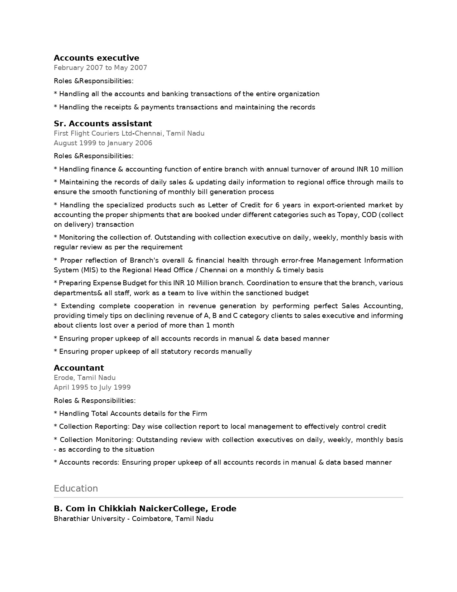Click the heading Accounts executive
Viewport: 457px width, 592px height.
tap(96, 58)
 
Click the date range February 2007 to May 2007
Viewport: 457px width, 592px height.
tap(100, 68)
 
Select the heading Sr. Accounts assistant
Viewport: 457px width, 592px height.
tap(103, 124)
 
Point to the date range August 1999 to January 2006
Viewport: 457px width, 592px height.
tap(103, 143)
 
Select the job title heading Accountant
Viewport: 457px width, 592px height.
tap(79, 368)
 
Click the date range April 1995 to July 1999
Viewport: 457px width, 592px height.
tap(92, 387)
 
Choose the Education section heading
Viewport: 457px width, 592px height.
tap(76, 489)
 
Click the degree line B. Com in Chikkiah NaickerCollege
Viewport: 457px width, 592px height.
tap(145, 509)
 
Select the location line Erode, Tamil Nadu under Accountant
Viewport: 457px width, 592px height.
tap(85, 378)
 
